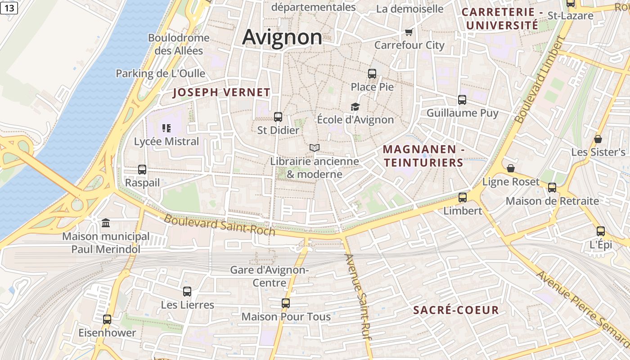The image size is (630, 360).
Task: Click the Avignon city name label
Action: click(x=282, y=37)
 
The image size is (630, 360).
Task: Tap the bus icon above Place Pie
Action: click(x=372, y=73)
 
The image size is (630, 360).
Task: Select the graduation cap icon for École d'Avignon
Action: click(x=355, y=107)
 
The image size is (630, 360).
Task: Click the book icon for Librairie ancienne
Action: click(x=315, y=148)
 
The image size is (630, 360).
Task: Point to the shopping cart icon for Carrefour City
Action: click(x=409, y=32)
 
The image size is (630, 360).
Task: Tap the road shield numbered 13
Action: click(x=9, y=8)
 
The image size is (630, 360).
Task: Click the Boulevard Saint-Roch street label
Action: click(x=219, y=225)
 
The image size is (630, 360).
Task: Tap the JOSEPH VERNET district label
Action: click(x=222, y=93)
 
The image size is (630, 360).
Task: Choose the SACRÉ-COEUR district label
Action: click(x=456, y=310)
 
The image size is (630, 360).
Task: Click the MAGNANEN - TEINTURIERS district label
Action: click(x=423, y=156)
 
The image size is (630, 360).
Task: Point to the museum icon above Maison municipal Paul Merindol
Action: click(x=106, y=223)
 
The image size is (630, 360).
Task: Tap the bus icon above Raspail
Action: click(x=142, y=170)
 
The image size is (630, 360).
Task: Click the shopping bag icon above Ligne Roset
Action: click(x=510, y=168)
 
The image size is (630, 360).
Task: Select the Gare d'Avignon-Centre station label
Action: click(x=269, y=276)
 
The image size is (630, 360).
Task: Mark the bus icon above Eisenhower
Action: click(x=107, y=319)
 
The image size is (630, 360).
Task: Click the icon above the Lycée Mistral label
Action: click(x=166, y=128)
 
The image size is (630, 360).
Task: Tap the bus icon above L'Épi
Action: click(x=601, y=231)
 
